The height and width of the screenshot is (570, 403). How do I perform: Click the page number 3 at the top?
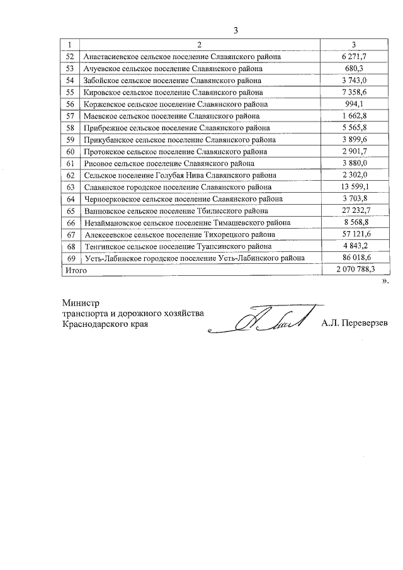point(236,30)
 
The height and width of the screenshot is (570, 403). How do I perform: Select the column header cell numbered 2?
point(198,45)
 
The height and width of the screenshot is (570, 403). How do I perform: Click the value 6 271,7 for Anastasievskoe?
point(354,57)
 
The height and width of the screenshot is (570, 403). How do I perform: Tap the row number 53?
point(70,69)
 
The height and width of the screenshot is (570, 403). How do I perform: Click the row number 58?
point(70,128)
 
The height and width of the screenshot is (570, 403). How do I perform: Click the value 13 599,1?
point(354,187)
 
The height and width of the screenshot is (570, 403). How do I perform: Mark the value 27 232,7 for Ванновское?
point(354,210)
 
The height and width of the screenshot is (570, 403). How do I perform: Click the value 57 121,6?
point(354,234)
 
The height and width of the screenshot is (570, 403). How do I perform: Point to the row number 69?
point(70,258)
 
